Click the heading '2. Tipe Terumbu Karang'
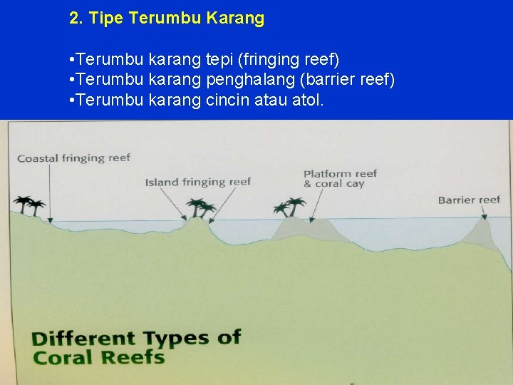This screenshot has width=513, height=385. coord(167,19)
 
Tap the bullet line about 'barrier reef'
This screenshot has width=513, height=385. coord(233,78)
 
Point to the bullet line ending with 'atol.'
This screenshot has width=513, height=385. coord(197,100)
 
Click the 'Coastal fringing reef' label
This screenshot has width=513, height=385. coord(73,158)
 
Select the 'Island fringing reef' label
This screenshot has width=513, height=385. coord(198,182)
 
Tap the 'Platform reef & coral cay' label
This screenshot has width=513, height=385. coord(340,178)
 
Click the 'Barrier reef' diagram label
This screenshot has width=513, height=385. coord(469,200)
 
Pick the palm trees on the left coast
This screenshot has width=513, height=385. coord(28,205)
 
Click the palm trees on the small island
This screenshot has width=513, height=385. coord(200,208)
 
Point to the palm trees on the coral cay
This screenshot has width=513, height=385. coord(291,207)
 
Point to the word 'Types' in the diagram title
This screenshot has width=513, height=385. coord(177,338)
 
